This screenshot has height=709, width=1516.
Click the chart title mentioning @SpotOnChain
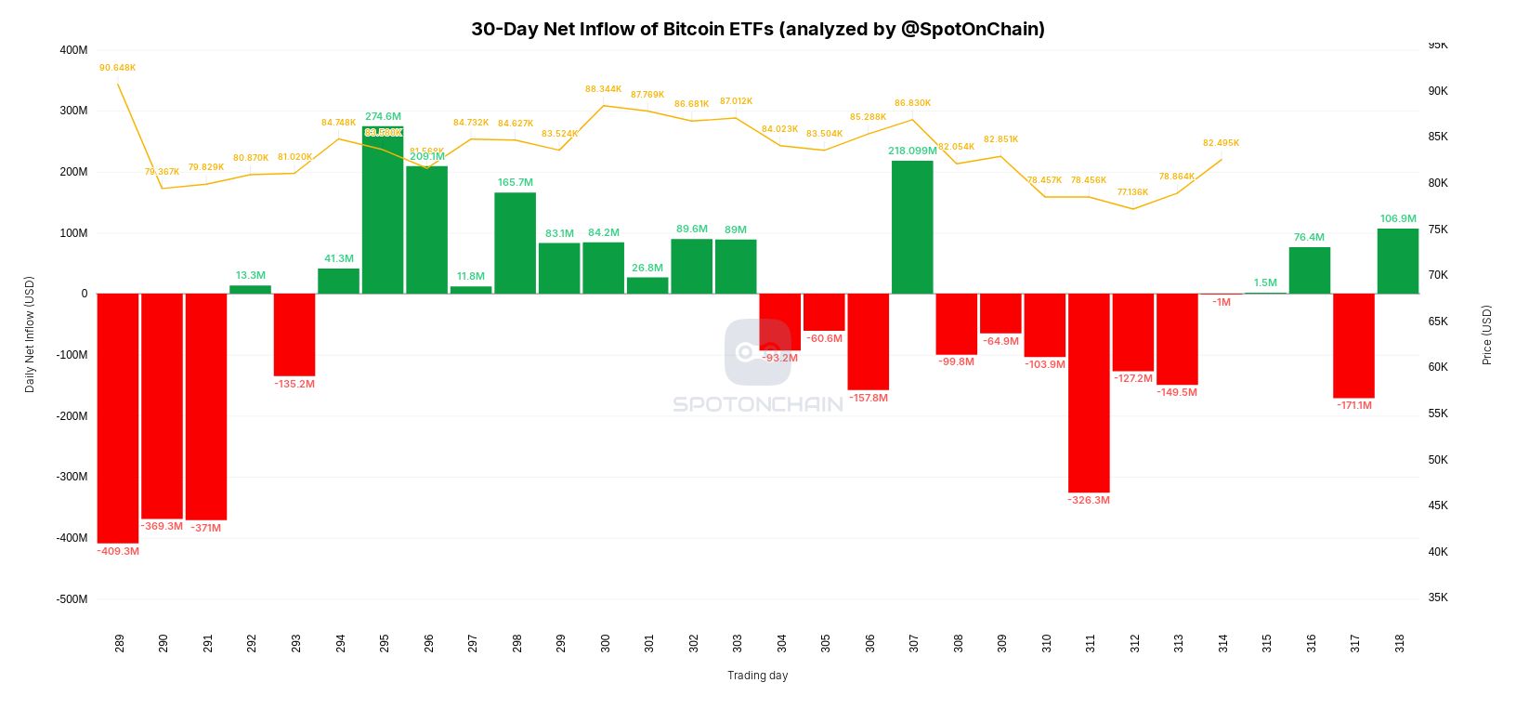(757, 29)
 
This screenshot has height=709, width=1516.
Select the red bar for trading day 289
(118, 418)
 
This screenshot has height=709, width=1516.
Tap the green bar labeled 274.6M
(383, 210)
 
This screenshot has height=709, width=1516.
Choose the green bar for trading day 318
(1398, 261)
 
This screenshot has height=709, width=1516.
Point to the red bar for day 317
(1353, 346)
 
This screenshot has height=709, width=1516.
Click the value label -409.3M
(118, 551)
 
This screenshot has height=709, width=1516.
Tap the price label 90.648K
(118, 68)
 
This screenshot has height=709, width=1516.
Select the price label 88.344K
(604, 89)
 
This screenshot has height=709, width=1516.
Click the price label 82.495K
(1221, 143)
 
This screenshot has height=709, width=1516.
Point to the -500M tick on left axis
(71, 599)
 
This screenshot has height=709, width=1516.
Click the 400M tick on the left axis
(73, 50)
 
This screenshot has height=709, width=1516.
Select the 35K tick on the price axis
(1438, 597)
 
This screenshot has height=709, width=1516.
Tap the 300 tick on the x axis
(606, 643)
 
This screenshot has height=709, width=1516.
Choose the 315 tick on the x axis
(1267, 643)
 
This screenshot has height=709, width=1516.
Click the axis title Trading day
(757, 676)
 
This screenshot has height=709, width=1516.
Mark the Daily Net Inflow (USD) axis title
(30, 335)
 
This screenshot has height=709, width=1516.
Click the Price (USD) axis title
(1486, 335)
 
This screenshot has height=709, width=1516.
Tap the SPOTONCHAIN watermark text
(757, 404)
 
